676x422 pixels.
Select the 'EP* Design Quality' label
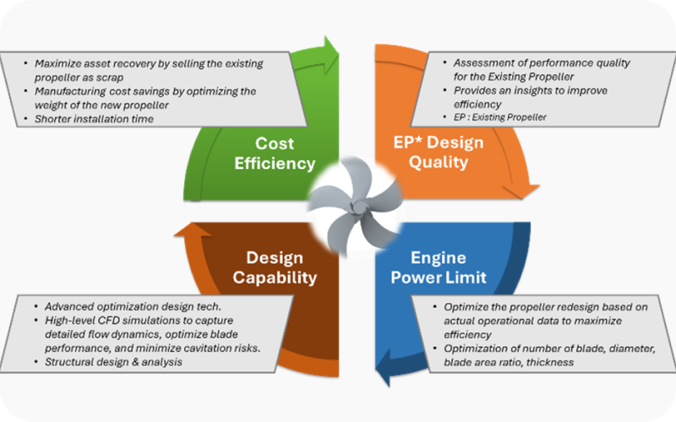[438, 153]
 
